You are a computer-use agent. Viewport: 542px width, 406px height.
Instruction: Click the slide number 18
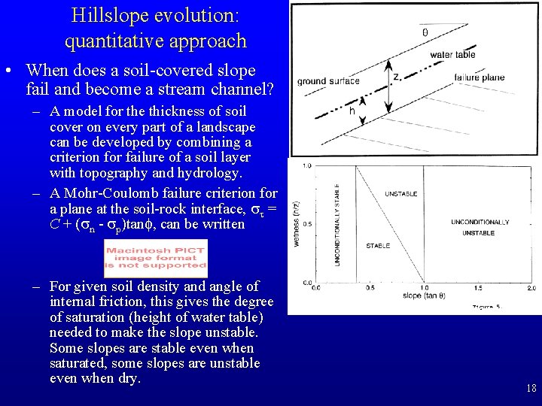point(531,389)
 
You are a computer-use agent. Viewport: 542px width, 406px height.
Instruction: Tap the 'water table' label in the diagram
point(452,55)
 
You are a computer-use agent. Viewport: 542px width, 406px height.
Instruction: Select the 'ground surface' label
point(328,81)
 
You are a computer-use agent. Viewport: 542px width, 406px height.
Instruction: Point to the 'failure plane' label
point(480,77)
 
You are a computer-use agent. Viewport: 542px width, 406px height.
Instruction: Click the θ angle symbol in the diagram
point(425,32)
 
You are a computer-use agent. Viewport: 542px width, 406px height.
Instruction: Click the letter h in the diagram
point(352,111)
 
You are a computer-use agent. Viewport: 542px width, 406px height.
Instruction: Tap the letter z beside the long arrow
point(397,77)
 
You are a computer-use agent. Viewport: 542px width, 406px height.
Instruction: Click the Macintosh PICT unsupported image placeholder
point(156,258)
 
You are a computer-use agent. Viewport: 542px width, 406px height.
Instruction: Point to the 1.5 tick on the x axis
point(478,288)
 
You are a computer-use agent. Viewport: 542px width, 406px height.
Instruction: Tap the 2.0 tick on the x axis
point(531,288)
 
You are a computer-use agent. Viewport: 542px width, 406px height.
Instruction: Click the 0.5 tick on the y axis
point(307,224)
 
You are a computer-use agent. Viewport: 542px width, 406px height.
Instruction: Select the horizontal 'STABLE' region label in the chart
point(377,246)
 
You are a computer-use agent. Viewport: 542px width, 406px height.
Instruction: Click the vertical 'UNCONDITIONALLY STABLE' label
point(336,223)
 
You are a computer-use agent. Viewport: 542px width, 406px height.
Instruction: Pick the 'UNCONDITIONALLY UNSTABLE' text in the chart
point(480,228)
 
